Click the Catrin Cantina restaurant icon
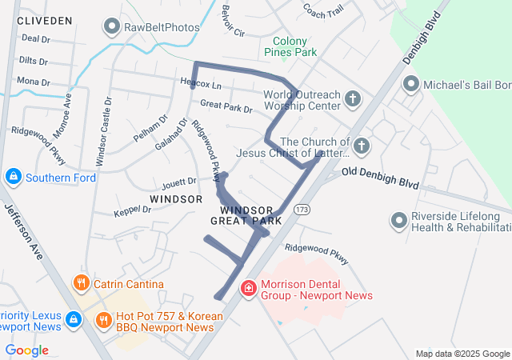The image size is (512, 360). (81, 283)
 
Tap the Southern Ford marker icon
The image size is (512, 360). (14, 177)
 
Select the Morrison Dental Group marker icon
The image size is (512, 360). (249, 286)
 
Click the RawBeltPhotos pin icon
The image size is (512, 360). (112, 27)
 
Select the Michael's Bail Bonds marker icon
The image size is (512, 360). (411, 84)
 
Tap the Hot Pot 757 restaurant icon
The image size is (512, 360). (104, 321)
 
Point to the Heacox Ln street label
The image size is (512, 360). (200, 83)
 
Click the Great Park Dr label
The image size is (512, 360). (226, 105)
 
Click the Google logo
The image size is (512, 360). (26, 350)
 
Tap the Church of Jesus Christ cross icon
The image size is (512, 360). (362, 146)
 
